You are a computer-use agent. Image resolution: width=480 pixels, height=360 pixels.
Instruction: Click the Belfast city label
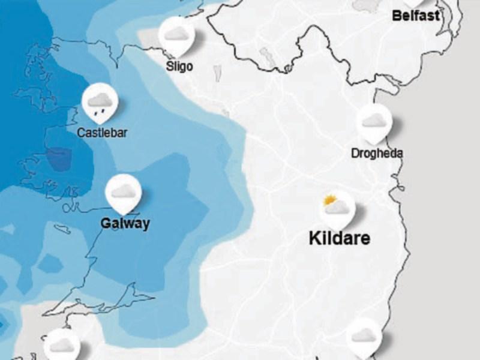pyautogui.click(x=416, y=15)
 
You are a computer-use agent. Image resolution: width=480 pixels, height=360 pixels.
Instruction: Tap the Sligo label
pyautogui.click(x=180, y=66)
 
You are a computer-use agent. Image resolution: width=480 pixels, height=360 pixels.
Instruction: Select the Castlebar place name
pyautogui.click(x=102, y=131)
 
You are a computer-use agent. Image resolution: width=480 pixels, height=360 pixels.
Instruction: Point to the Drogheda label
pyautogui.click(x=377, y=154)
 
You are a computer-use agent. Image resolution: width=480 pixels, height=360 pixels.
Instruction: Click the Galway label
pyautogui.click(x=125, y=224)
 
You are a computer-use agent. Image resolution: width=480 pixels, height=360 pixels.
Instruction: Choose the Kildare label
pyautogui.click(x=339, y=238)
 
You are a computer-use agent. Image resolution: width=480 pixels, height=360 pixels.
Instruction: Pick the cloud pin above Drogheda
pyautogui.click(x=374, y=122)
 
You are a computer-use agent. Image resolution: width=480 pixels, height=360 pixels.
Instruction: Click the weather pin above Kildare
pyautogui.click(x=337, y=208)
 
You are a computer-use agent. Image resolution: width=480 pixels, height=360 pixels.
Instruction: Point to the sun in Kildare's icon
pyautogui.click(x=329, y=200)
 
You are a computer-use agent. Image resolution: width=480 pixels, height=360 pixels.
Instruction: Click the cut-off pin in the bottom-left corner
pyautogui.click(x=61, y=345)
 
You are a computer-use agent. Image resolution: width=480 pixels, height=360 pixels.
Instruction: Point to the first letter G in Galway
pyautogui.click(x=106, y=224)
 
